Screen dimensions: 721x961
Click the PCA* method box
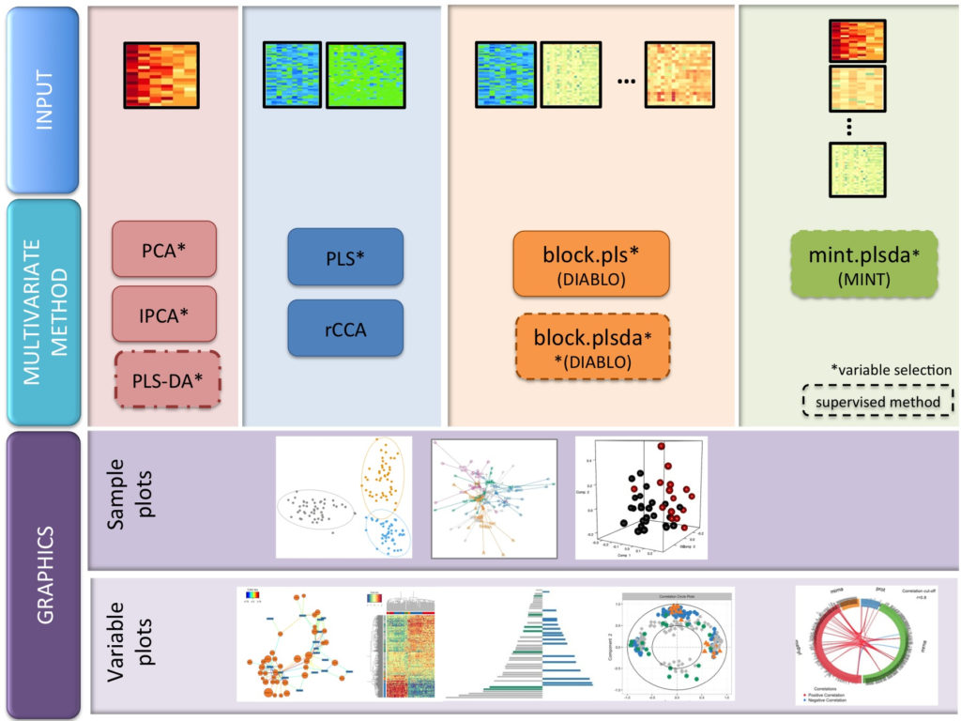(164, 249)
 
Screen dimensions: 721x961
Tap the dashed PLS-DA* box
(166, 378)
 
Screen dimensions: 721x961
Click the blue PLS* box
(345, 257)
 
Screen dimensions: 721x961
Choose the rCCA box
(345, 328)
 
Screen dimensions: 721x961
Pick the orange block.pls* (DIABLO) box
(591, 264)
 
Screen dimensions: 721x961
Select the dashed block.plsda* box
(592, 346)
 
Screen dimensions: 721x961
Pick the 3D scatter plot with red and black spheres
(640, 498)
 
